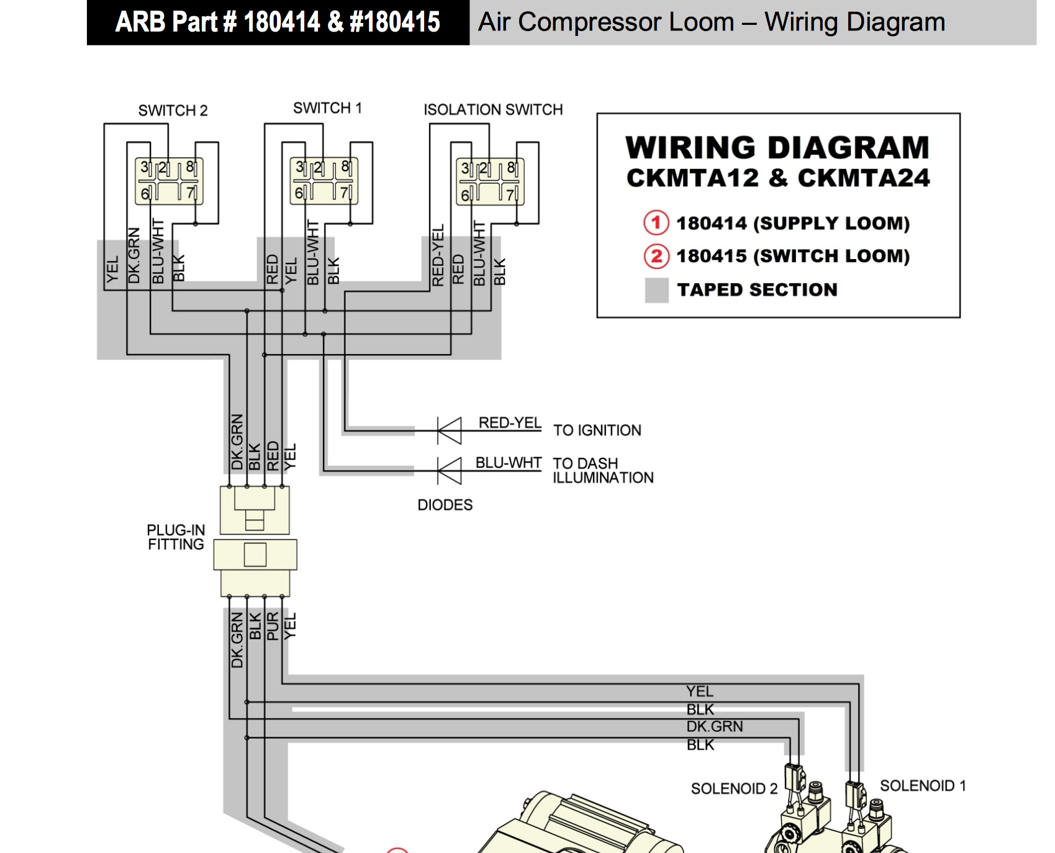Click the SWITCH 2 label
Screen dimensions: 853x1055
(173, 111)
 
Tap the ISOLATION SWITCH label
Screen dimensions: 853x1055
(493, 110)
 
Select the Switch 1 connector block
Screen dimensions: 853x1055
(324, 181)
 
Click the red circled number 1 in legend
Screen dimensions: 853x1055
(656, 222)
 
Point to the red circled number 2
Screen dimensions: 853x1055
(656, 256)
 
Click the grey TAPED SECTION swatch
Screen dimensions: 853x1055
(656, 290)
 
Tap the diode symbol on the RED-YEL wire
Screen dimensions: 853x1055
(450, 430)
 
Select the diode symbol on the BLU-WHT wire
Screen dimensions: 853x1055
(450, 470)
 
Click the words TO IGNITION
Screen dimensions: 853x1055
(597, 431)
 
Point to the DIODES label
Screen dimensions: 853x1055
(445, 505)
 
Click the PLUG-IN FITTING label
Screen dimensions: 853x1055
(176, 537)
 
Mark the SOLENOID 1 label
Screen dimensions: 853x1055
(923, 786)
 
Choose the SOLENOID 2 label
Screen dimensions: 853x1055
(734, 789)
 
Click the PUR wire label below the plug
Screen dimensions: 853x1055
(273, 626)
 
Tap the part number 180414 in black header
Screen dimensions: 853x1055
(281, 22)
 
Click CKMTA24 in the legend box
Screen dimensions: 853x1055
(864, 178)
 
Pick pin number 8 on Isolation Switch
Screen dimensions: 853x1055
(511, 168)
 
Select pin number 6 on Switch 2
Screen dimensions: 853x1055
(145, 194)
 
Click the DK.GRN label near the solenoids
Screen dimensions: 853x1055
(714, 726)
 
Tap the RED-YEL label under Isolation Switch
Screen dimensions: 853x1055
(438, 255)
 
